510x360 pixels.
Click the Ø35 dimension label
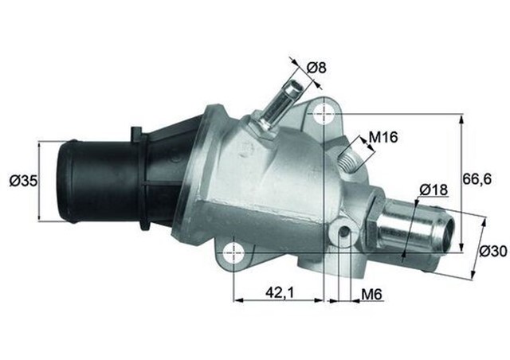(x=23, y=182)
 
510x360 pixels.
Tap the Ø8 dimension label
(x=316, y=68)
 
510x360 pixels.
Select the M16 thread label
(x=383, y=138)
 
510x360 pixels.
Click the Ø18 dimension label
(x=433, y=190)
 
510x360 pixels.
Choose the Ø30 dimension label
(x=493, y=252)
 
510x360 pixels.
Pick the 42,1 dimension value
(x=278, y=293)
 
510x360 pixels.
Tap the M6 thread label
(x=371, y=294)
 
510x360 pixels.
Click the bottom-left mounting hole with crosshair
(x=233, y=252)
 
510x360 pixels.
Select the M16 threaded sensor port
(x=349, y=154)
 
